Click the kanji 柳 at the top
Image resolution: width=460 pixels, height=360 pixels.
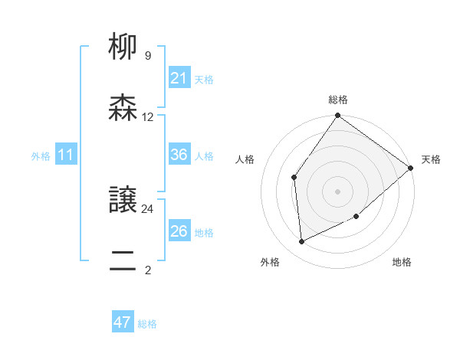(x=123, y=47)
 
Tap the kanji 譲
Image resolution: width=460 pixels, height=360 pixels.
(x=123, y=201)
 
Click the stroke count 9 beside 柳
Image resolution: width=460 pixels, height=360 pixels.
(x=147, y=56)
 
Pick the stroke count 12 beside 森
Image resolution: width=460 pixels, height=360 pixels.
(x=148, y=117)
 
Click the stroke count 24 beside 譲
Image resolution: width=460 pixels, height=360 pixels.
(x=148, y=208)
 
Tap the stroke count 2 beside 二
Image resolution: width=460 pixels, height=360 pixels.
(x=147, y=270)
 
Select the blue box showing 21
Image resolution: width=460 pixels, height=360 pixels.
(x=179, y=78)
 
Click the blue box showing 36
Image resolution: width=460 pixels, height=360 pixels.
(x=179, y=155)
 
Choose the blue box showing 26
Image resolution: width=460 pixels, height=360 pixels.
(x=179, y=231)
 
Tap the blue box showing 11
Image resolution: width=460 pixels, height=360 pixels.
(x=65, y=155)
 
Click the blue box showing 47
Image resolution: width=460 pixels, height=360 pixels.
(x=123, y=322)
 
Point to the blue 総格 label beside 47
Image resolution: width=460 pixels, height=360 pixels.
(x=147, y=324)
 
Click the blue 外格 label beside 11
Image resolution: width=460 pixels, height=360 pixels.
(x=41, y=156)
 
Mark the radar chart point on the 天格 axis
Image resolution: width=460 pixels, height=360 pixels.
(x=411, y=168)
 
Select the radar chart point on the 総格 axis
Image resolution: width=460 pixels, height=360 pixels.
(x=337, y=116)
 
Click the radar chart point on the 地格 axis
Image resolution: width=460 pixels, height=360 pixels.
(x=356, y=217)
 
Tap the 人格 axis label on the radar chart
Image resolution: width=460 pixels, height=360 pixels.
(x=245, y=159)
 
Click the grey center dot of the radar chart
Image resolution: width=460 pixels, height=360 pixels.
(x=337, y=191)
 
